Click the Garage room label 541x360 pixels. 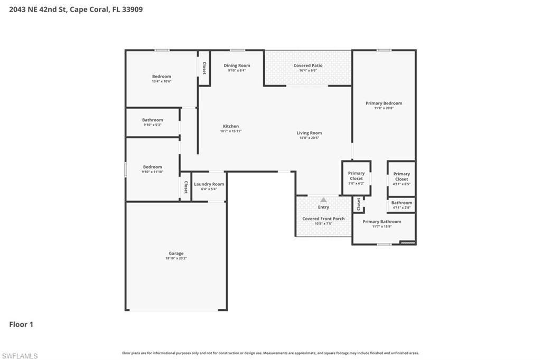tap(176, 253)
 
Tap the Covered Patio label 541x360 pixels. tap(308, 65)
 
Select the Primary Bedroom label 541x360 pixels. tap(384, 103)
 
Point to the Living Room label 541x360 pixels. tap(309, 133)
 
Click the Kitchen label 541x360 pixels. tap(231, 126)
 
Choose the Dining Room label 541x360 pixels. tap(237, 65)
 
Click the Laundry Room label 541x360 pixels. tap(209, 184)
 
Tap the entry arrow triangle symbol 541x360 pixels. tap(323, 200)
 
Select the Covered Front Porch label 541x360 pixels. tap(323, 219)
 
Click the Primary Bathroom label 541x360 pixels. tap(381, 222)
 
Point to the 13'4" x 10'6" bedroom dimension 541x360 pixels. tap(162, 81)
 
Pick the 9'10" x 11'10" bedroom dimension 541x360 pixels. tap(152, 172)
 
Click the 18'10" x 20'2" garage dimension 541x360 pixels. tap(176, 259)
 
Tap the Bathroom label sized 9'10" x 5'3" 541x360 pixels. tap(152, 120)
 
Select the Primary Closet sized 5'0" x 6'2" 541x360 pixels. tap(356, 176)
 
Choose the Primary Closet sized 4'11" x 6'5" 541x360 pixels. tap(402, 176)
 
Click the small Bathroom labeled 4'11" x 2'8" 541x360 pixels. tap(402, 203)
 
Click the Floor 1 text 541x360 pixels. tap(21, 325)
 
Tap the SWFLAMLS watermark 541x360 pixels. tap(20, 356)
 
